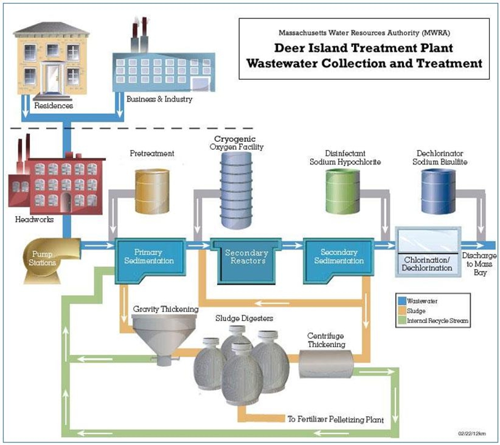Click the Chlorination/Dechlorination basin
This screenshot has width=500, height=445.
(428, 250)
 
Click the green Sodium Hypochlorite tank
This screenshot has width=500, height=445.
(343, 191)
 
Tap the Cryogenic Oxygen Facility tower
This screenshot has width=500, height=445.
(237, 189)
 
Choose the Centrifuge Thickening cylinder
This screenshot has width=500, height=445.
(327, 365)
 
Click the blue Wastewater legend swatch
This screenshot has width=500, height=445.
(401, 301)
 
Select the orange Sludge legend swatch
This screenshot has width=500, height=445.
(401, 310)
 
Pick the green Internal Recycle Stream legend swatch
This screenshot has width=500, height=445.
(401, 319)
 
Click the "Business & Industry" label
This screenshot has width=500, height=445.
(159, 99)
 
